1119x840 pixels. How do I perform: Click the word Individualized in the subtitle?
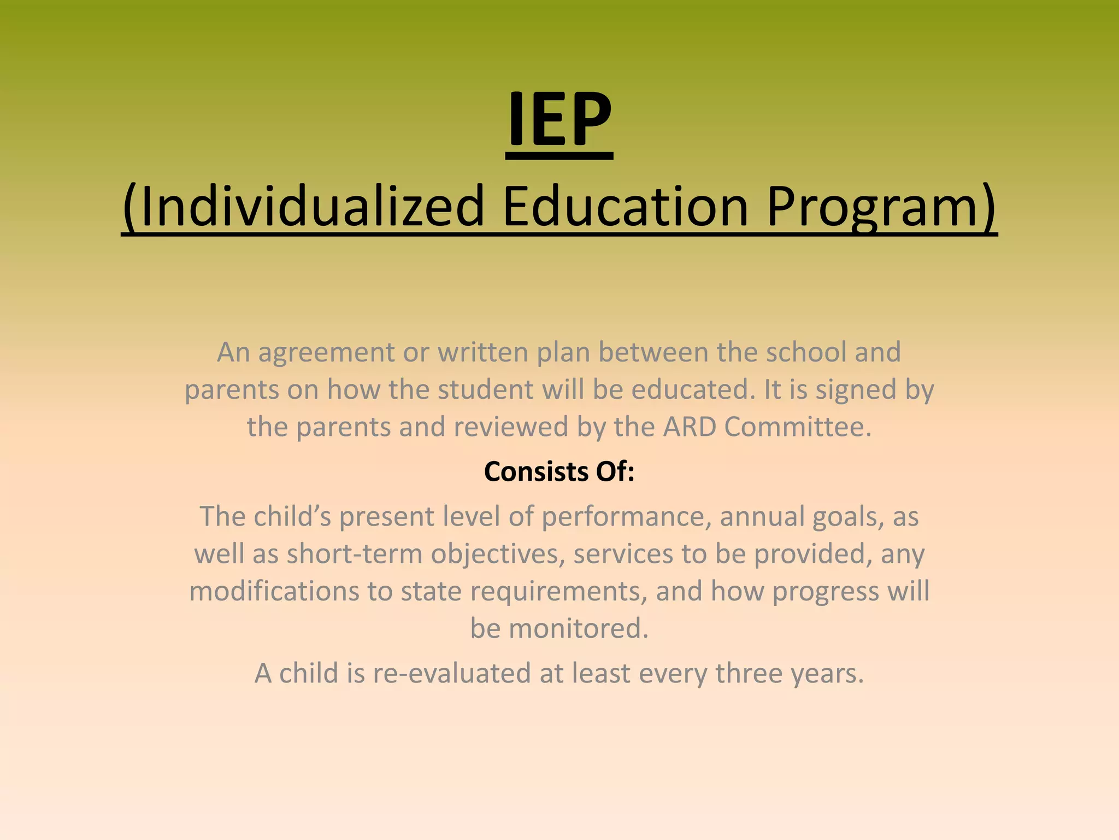pyautogui.click(x=303, y=207)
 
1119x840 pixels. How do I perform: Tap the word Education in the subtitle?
pyautogui.click(x=625, y=207)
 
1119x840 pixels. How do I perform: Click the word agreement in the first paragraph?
pyautogui.click(x=326, y=353)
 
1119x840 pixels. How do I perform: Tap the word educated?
pyautogui.click(x=690, y=389)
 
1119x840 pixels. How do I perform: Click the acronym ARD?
pyautogui.click(x=690, y=427)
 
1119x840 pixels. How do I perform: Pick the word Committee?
pyautogui.click(x=797, y=427)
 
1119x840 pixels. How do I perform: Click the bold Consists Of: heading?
pyautogui.click(x=559, y=471)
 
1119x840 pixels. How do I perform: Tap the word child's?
pyautogui.click(x=292, y=516)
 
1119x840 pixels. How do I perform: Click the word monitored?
pyautogui.click(x=578, y=628)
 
